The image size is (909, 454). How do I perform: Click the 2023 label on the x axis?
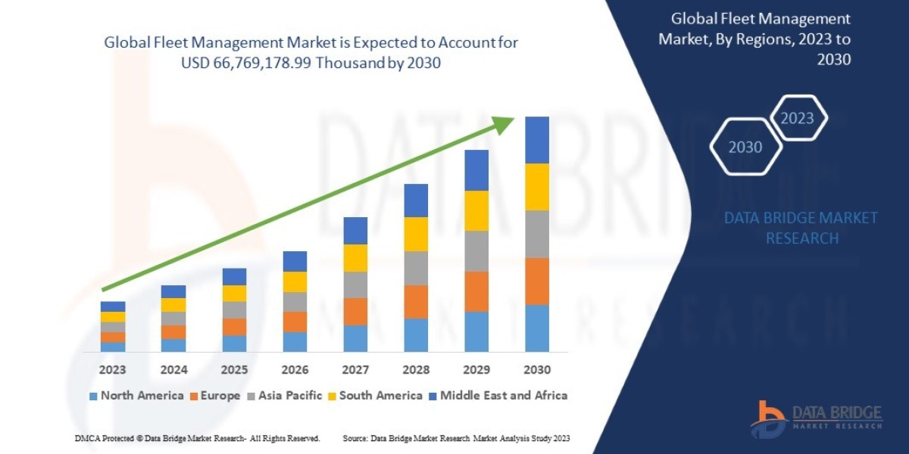pos(113,370)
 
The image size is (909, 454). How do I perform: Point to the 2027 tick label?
pos(355,370)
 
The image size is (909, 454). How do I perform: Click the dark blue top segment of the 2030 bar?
pos(537,140)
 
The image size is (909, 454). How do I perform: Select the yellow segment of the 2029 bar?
pos(476,210)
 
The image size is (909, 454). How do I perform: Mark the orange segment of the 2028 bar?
pos(416,301)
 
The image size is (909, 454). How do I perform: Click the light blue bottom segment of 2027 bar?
pos(355,338)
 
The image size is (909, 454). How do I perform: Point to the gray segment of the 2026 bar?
pos(295,302)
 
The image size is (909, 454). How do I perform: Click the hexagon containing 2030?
pos(745,148)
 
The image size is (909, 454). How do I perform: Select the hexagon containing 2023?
pos(797,118)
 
